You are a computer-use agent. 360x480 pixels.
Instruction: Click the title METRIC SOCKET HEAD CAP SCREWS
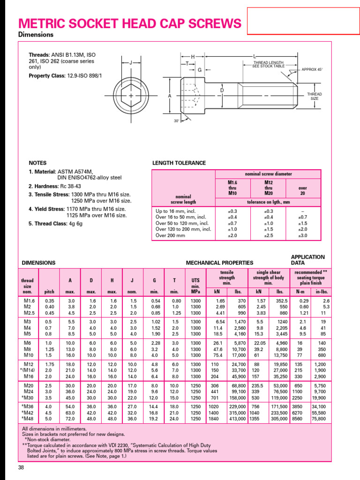[x=130, y=23]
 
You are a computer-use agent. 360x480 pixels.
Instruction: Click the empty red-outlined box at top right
[x=302, y=21]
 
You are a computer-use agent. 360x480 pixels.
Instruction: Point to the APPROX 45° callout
[x=312, y=69]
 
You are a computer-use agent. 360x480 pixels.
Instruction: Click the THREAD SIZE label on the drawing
[x=315, y=96]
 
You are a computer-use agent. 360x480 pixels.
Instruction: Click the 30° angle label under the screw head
[x=176, y=120]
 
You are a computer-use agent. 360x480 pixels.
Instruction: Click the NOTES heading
[x=37, y=163]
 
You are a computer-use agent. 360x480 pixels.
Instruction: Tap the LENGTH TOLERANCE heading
[x=179, y=163]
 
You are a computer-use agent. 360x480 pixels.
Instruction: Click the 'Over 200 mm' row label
[x=170, y=235]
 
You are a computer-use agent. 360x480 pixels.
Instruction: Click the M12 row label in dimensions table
[x=29, y=364]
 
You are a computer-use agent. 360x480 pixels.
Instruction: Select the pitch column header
[x=49, y=292]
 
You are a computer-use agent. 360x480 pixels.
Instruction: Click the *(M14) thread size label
[x=28, y=370]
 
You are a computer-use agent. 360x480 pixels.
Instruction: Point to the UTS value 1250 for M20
[x=195, y=385]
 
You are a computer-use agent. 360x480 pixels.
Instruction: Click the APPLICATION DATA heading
[x=307, y=260]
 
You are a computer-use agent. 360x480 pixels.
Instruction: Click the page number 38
[x=21, y=468]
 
